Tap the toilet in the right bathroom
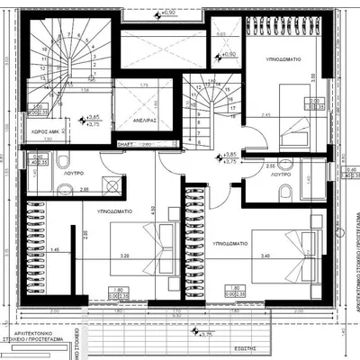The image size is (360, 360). click(284, 191)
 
